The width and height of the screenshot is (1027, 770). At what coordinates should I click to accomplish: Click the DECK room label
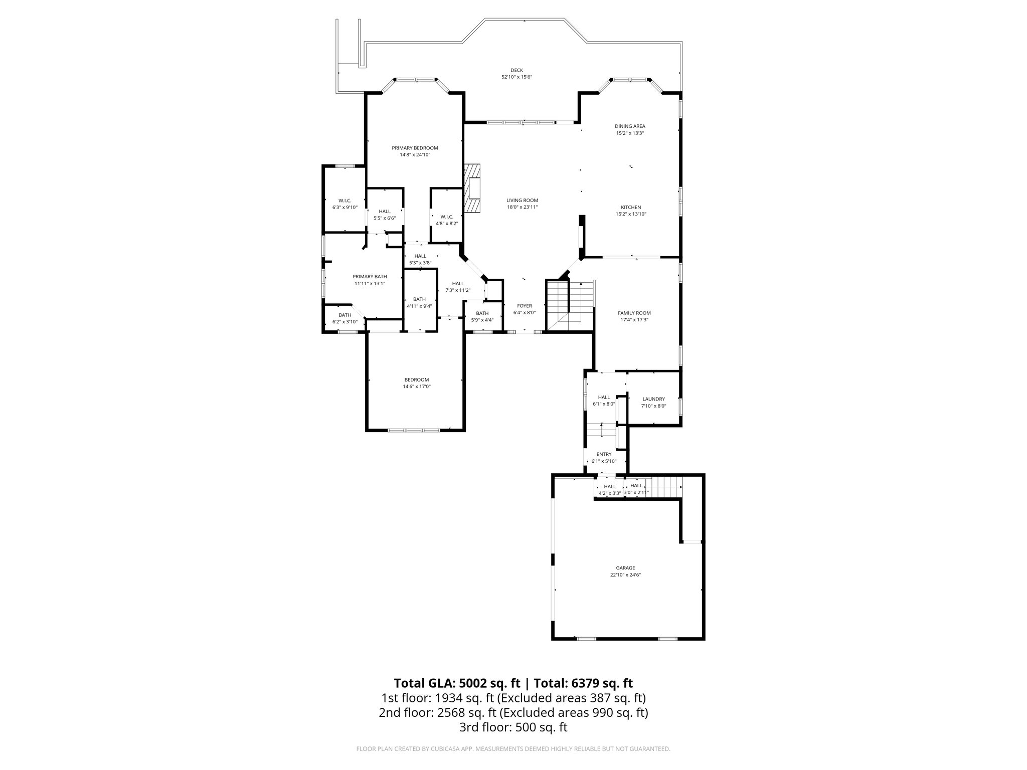517,70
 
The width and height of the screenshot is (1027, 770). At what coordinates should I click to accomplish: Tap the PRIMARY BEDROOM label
415,148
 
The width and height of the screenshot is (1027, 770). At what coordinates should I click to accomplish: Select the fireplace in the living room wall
472,188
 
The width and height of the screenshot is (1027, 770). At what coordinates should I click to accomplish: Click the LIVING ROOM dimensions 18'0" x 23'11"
522,207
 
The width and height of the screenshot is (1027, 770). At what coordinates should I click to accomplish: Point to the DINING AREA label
630,126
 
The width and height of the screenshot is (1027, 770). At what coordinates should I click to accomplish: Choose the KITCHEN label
631,207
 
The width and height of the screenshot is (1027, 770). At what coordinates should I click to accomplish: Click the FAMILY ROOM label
634,313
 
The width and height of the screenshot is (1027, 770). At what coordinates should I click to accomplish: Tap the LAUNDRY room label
653,399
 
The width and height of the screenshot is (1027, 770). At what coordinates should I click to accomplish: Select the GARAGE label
625,568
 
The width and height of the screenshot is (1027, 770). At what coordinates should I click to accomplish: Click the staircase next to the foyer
569,306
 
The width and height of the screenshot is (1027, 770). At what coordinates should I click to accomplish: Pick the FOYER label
524,306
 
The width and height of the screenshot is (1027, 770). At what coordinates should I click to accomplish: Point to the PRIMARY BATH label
370,277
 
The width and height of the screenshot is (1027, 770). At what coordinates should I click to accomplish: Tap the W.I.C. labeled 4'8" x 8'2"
446,220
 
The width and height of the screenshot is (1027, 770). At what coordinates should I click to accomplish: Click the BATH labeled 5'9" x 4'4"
482,316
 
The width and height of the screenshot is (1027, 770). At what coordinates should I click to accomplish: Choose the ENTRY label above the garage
604,454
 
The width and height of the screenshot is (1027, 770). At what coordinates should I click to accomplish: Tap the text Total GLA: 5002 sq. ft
458,683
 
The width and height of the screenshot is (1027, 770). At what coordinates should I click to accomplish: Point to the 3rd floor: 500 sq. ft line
513,727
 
